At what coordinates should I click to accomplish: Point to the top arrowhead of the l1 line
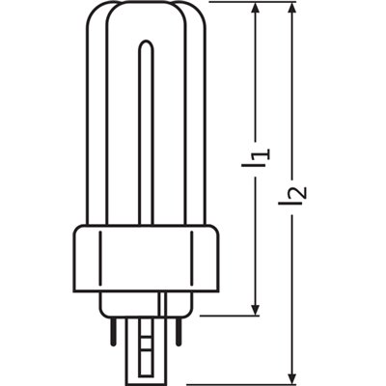coord(255,10)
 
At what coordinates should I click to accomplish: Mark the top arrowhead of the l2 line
coord(295,10)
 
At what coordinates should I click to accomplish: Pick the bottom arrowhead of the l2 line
coord(295,375)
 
